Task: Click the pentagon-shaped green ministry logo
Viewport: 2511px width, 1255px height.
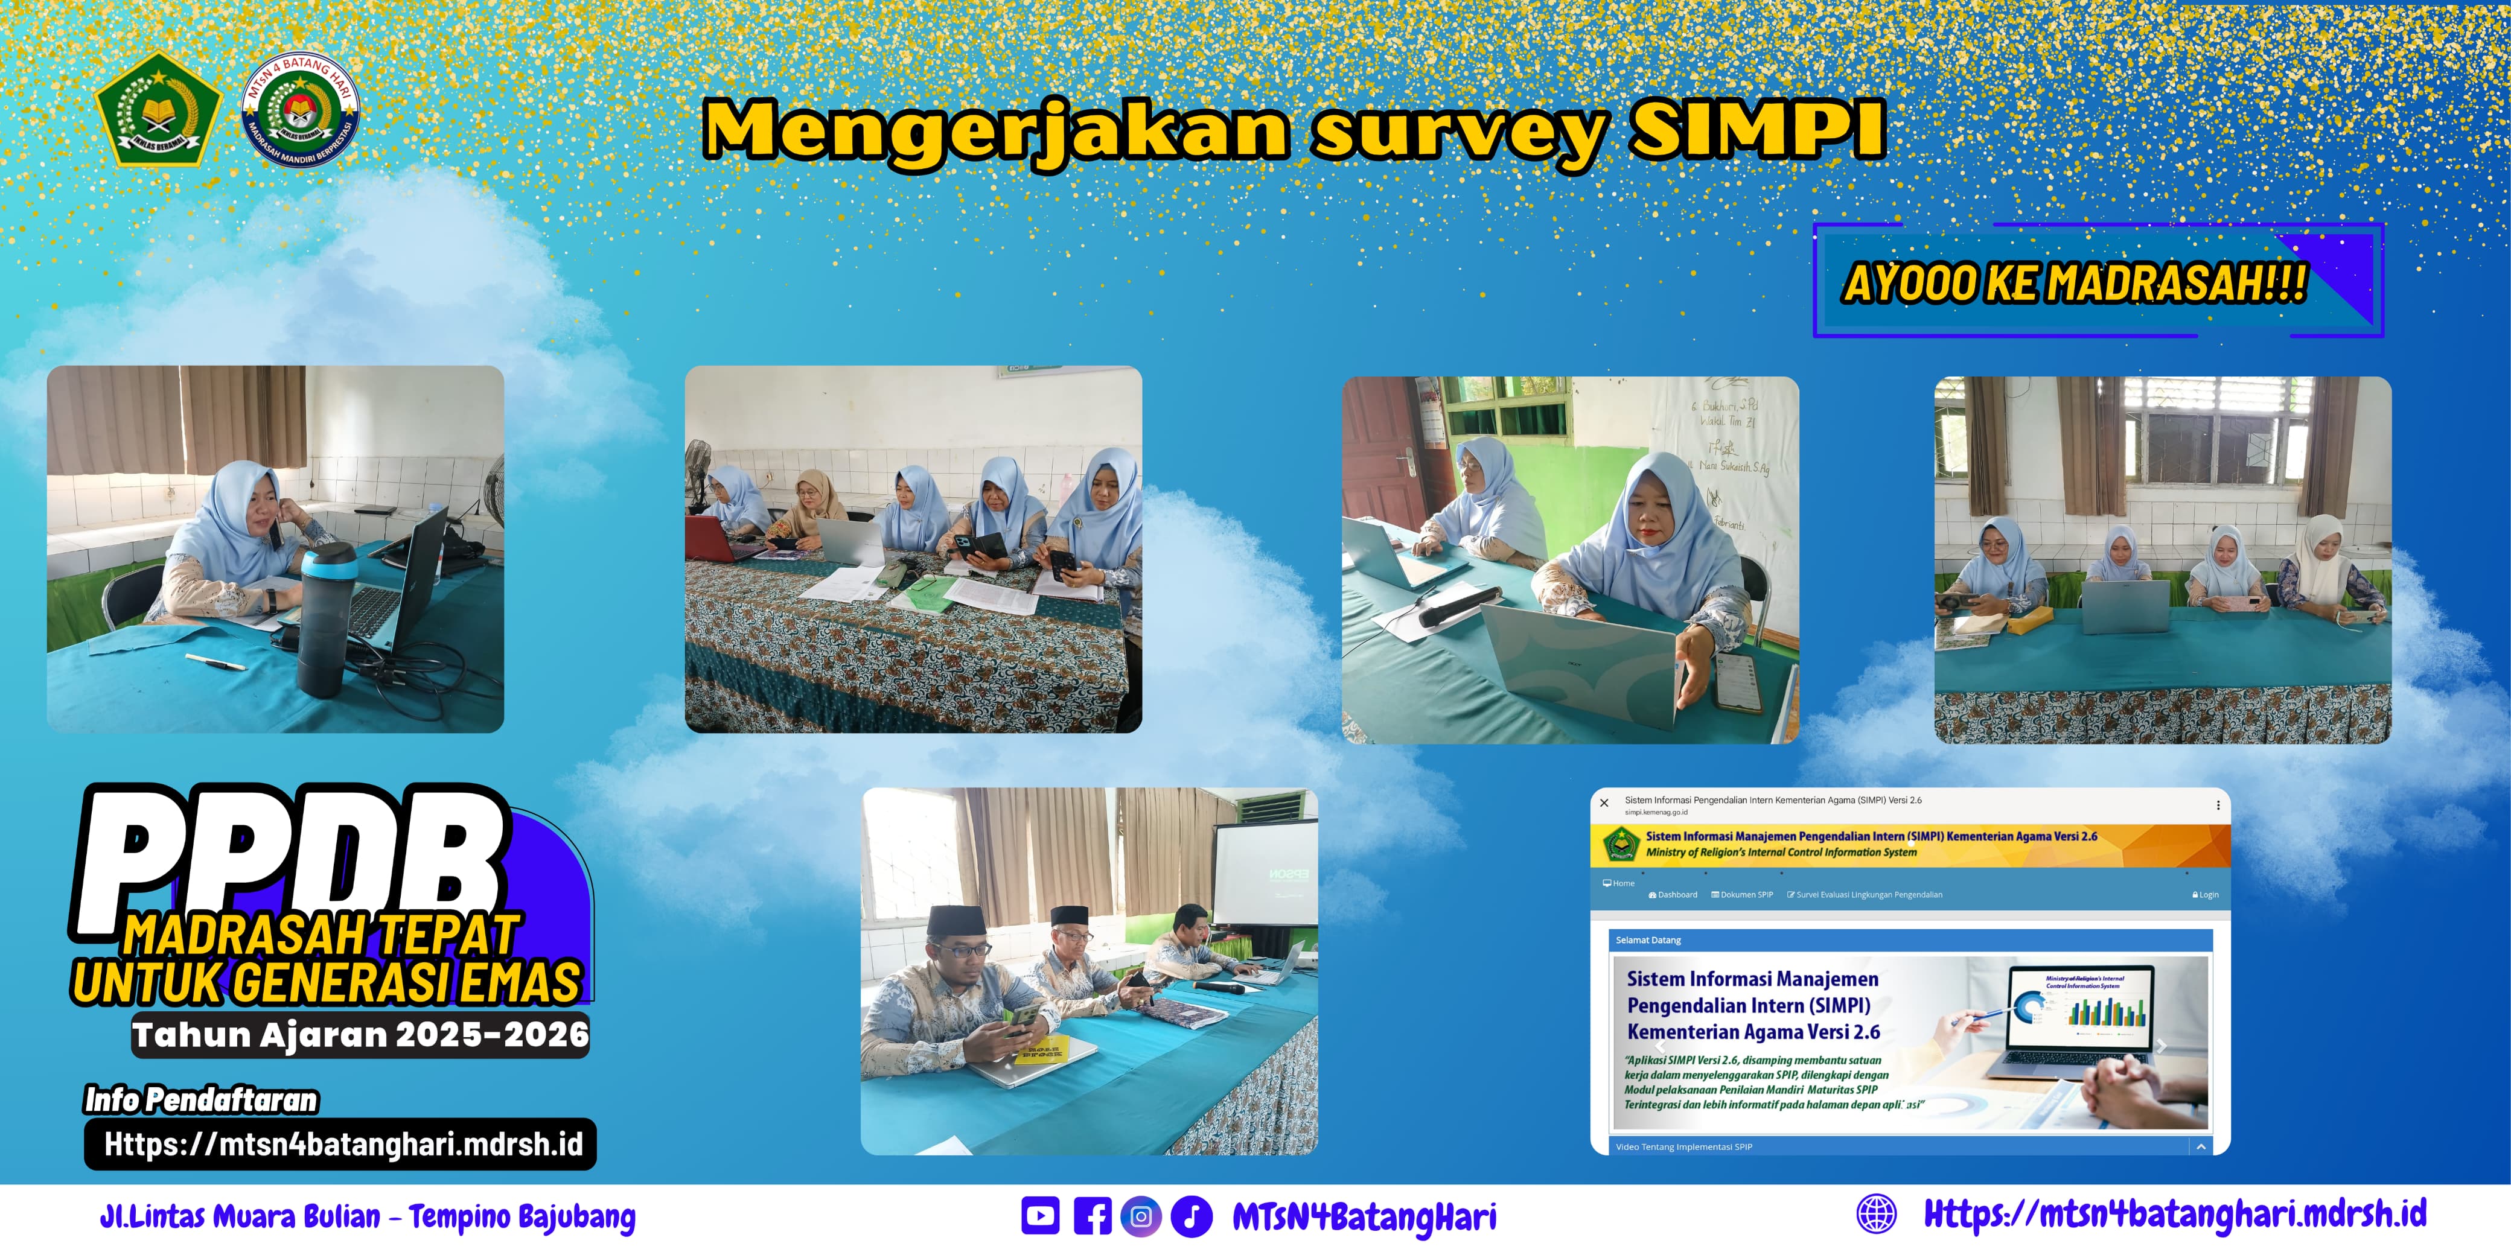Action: pyautogui.click(x=159, y=109)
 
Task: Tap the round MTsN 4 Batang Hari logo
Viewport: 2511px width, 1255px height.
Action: pyautogui.click(x=300, y=110)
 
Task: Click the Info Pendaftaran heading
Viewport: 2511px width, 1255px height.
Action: pyautogui.click(x=201, y=1100)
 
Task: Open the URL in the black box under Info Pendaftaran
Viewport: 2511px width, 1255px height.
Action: pyautogui.click(x=342, y=1144)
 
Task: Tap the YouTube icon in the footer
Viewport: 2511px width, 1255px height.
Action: pyautogui.click(x=1040, y=1216)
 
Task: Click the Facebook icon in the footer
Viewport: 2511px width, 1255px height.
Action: pyautogui.click(x=1092, y=1216)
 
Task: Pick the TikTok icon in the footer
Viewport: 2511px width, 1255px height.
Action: pyautogui.click(x=1191, y=1216)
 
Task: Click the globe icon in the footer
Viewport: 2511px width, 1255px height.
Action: pyautogui.click(x=1877, y=1214)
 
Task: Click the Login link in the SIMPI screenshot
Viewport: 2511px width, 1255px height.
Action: pyautogui.click(x=2206, y=894)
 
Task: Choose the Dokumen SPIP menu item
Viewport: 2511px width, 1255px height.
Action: pyautogui.click(x=1743, y=894)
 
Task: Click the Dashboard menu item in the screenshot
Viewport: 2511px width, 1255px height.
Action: pyautogui.click(x=1674, y=894)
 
